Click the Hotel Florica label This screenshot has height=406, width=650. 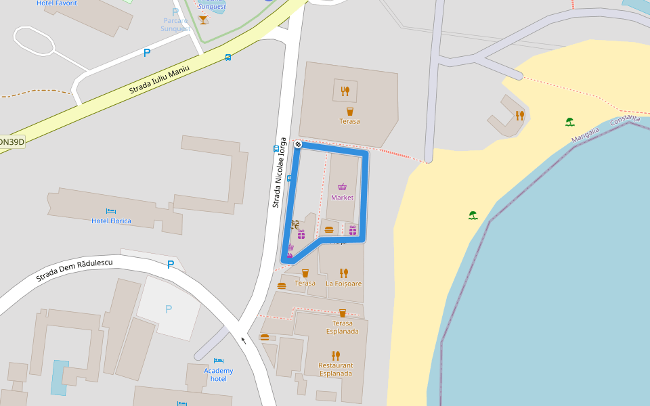[111, 221]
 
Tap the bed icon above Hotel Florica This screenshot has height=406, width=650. [111, 212]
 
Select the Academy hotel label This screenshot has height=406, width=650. [218, 374]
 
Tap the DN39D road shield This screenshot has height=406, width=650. [11, 141]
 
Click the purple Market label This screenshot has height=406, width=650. [343, 198]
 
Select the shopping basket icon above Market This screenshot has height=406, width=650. [343, 187]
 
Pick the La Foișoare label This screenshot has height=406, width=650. [344, 284]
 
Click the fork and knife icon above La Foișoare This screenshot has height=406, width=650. [344, 273]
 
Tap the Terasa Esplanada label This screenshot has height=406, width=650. [343, 328]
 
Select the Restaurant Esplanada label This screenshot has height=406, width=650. [336, 369]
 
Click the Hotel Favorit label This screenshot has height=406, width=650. [57, 3]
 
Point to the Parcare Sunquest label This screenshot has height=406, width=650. [175, 24]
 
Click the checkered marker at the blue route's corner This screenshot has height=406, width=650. [297, 144]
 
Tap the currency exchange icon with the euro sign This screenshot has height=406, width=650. [295, 224]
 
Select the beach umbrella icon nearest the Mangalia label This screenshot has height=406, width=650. [570, 122]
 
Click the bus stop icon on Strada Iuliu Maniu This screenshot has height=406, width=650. [228, 58]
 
